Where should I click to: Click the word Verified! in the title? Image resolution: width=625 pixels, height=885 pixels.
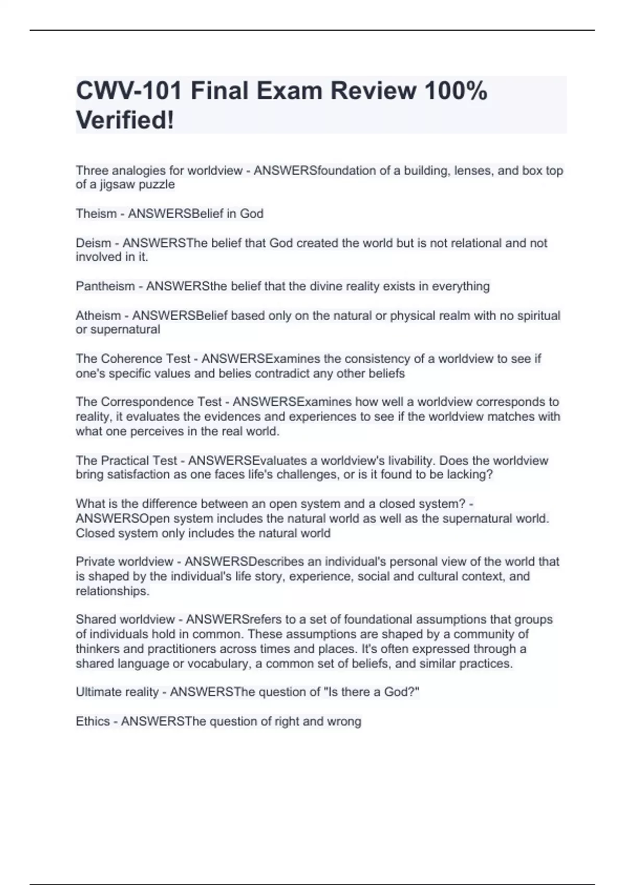[x=125, y=120]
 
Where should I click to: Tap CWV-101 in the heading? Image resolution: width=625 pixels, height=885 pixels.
[x=129, y=91]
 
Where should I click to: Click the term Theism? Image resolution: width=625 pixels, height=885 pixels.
[x=96, y=214]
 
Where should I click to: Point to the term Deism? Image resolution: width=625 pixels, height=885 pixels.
[x=93, y=243]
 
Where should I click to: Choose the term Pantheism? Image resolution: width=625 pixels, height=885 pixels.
[x=105, y=286]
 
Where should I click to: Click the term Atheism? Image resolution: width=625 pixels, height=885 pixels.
[x=98, y=315]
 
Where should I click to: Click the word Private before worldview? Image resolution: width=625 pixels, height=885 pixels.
[x=95, y=562]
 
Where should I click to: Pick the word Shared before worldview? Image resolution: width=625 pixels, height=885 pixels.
[x=96, y=619]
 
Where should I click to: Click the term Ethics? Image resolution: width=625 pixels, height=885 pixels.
[x=93, y=722]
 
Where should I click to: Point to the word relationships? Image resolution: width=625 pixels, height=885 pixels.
[x=112, y=591]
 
